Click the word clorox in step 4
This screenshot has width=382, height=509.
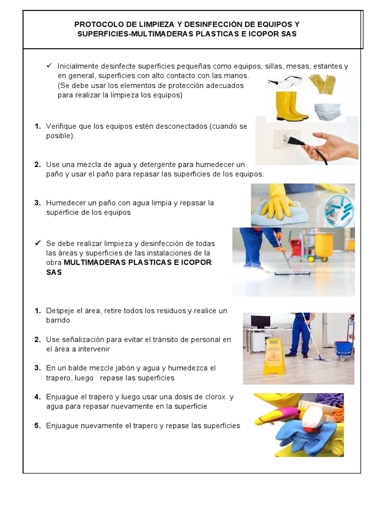212,397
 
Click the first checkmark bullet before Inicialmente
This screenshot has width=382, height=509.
49,66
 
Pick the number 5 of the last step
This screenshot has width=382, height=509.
37,425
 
